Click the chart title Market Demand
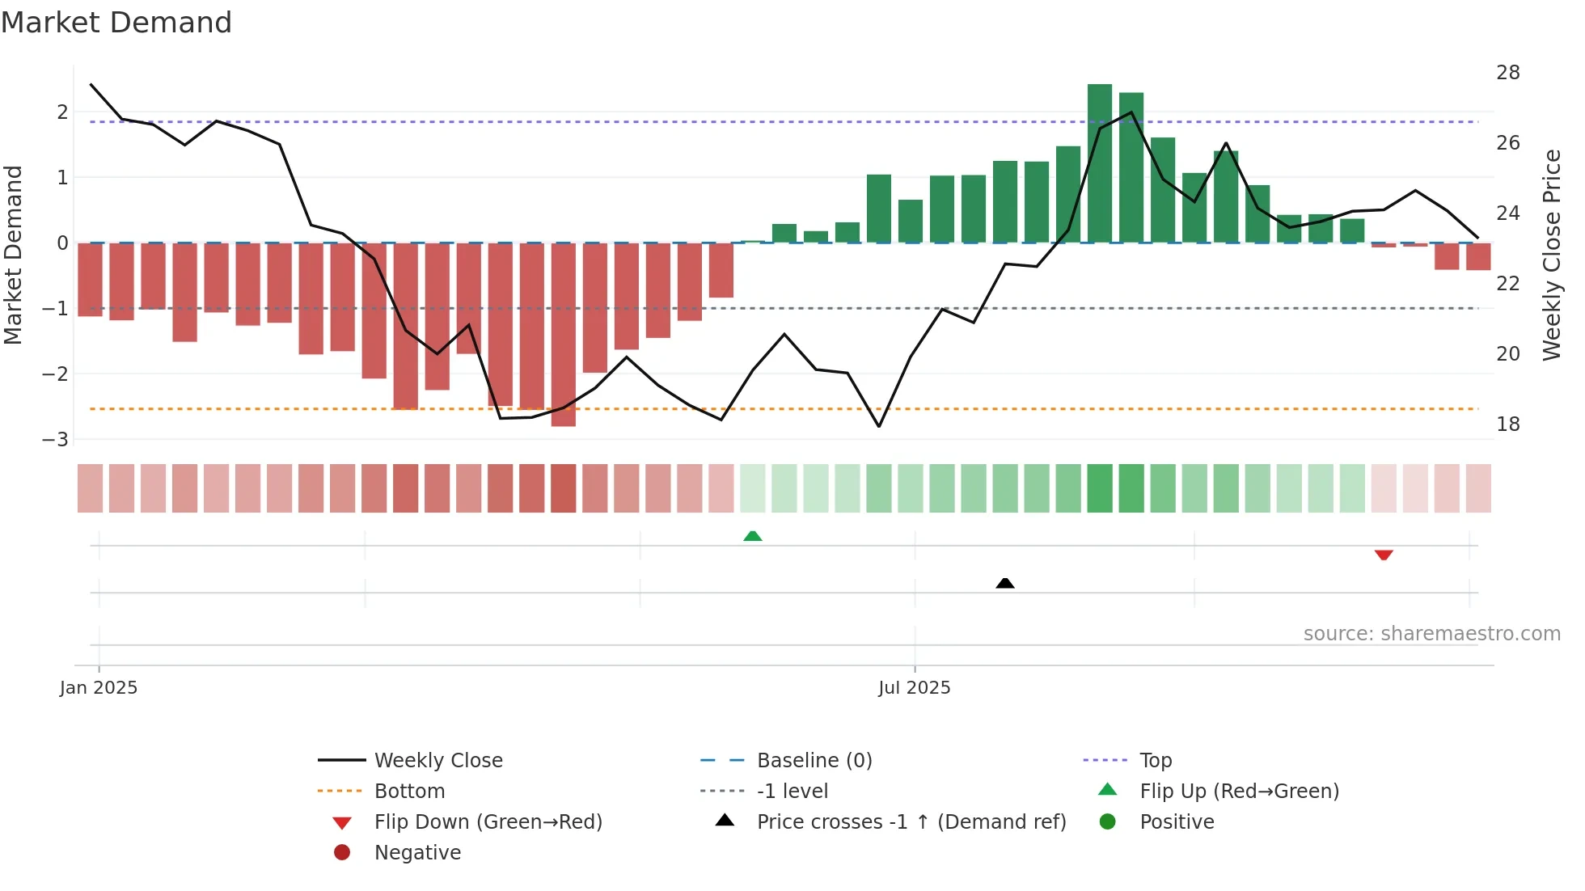(x=116, y=23)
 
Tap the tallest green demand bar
(x=1100, y=162)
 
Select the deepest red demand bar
(x=564, y=334)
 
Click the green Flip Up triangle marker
(x=753, y=536)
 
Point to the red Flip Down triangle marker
(x=1384, y=555)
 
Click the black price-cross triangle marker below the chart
(x=1005, y=583)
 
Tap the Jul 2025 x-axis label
(x=915, y=688)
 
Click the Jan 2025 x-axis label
(x=99, y=688)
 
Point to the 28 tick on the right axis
(x=1508, y=73)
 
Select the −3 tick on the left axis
(x=56, y=440)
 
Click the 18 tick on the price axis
(x=1508, y=424)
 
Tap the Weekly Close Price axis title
(x=1551, y=255)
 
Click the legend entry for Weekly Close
(x=437, y=761)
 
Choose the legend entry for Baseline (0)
(x=814, y=761)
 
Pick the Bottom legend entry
(x=409, y=792)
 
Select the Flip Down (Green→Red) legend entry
(x=488, y=822)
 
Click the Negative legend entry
(x=417, y=853)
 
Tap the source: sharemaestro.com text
(x=1431, y=634)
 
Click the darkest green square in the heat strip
(x=1100, y=488)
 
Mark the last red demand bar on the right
(x=1478, y=256)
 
